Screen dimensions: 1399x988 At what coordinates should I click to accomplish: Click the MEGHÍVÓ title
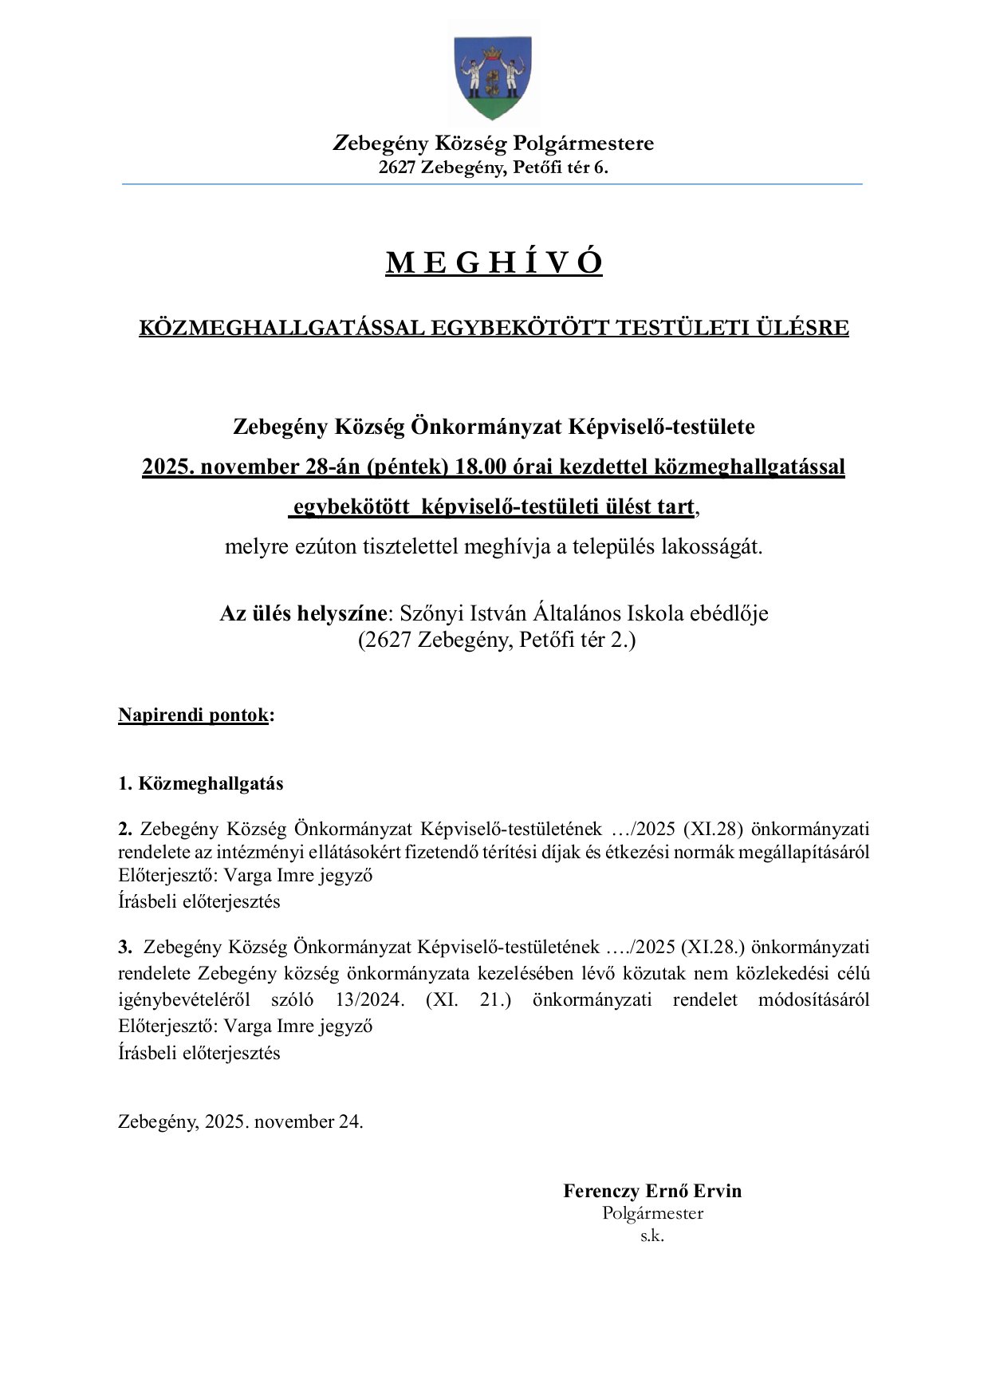coord(494,262)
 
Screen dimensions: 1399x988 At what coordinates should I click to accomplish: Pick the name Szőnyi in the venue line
coord(430,614)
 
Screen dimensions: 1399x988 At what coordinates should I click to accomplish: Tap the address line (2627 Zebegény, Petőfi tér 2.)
coord(496,640)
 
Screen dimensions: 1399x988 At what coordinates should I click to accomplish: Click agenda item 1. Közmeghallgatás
coord(201,783)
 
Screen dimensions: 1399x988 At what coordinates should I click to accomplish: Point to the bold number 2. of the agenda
coord(125,828)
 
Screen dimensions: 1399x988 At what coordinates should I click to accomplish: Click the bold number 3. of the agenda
coord(125,947)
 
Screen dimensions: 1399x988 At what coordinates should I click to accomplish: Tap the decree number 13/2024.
coord(370,999)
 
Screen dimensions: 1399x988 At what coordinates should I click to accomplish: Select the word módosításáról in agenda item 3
coord(813,999)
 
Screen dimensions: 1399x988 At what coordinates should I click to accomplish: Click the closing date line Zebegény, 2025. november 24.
coord(241,1121)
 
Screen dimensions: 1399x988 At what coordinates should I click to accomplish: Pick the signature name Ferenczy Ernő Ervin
coord(652,1191)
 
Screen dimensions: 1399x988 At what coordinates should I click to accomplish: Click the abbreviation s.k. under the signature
coord(652,1236)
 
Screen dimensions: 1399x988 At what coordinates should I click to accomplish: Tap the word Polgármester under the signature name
coord(652,1213)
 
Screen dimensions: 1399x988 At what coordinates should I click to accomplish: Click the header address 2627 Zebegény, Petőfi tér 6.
coord(493,167)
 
